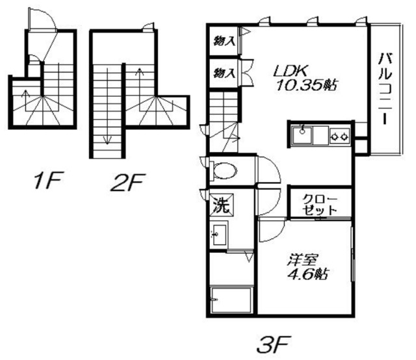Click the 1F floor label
pos(49,180)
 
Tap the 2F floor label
pos(128,182)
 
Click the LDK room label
pos(291,71)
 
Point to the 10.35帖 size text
pos(307,85)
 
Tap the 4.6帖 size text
pos(307,274)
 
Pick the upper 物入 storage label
pos(224,41)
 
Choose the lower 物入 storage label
pos(224,73)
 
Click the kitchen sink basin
pos(302,135)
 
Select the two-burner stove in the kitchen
pos(340,136)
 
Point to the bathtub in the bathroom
pos(231,300)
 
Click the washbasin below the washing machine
pos(219,235)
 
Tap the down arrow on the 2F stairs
pos(107,106)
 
